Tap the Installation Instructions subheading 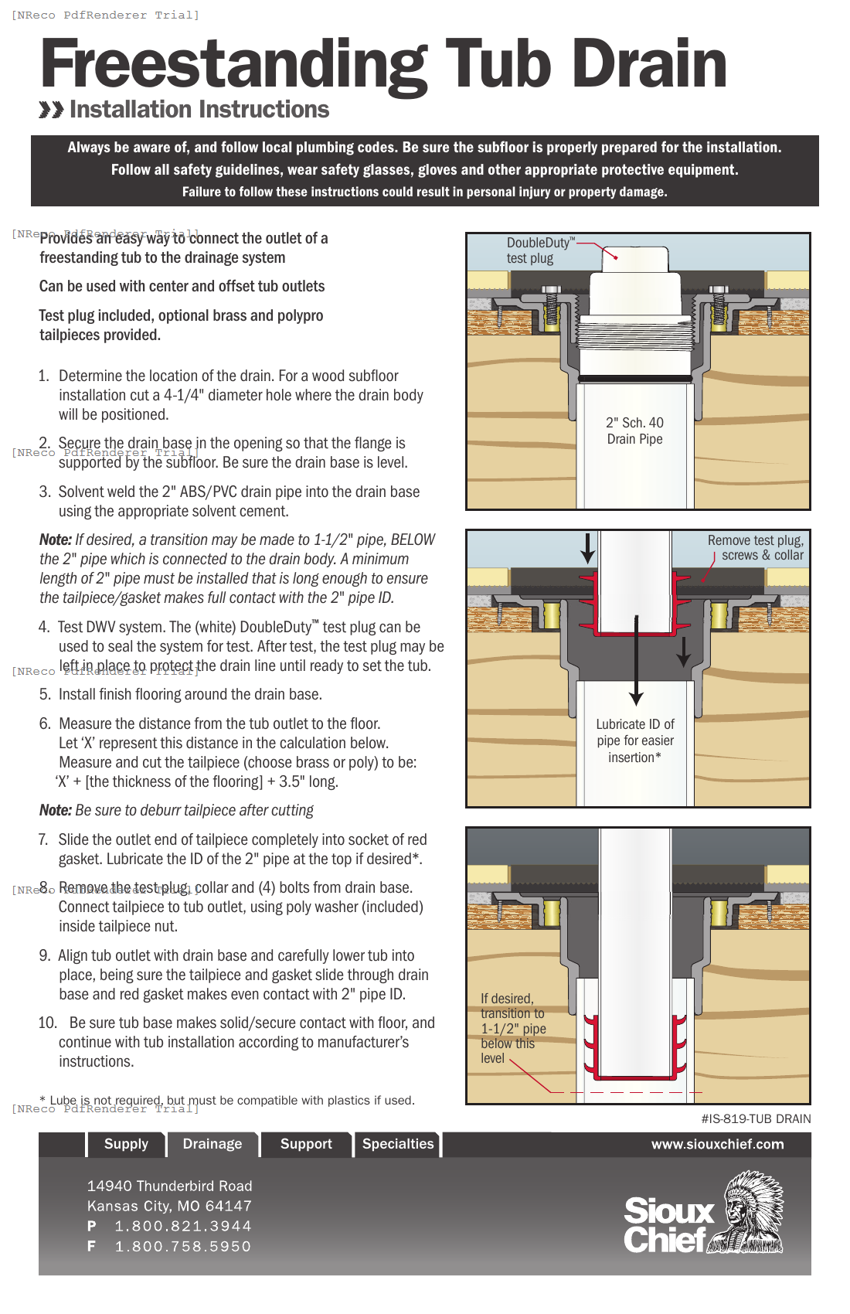point(199,110)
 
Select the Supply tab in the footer point(126,1144)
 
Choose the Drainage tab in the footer point(212,1144)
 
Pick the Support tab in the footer point(306,1144)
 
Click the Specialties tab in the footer point(398,1144)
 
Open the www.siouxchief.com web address point(717,1144)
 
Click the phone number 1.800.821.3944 point(183,1226)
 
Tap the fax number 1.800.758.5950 point(183,1246)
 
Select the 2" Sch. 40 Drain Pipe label point(634,431)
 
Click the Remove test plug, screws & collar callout point(755,547)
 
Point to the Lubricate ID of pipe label point(635,740)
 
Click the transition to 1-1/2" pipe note point(512,1028)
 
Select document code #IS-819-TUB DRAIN point(756,1118)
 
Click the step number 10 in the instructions point(47,1023)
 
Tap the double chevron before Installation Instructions point(51,110)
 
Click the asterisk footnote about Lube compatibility point(227,1100)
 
